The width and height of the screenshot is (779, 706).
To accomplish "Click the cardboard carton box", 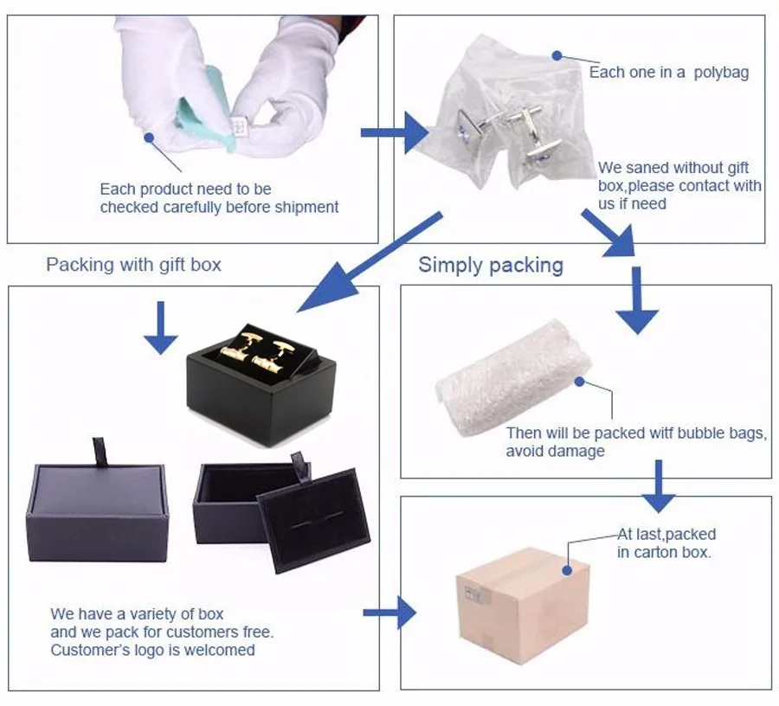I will pos(522,607).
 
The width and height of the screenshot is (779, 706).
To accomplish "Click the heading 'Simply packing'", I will pos(491,265).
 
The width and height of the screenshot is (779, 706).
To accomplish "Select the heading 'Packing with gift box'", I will pos(133,265).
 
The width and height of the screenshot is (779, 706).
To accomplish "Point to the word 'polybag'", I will pos(721,73).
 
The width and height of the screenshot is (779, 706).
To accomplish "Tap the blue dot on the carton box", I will pos(566,569).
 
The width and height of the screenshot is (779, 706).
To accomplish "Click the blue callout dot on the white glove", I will pos(150,136).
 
